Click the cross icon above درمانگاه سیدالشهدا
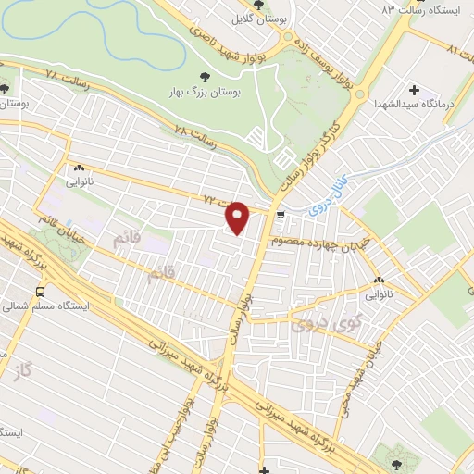point(414,91)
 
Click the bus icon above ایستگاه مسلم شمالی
point(39,290)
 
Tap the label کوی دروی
point(318,324)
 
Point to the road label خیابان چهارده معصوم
point(312,242)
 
